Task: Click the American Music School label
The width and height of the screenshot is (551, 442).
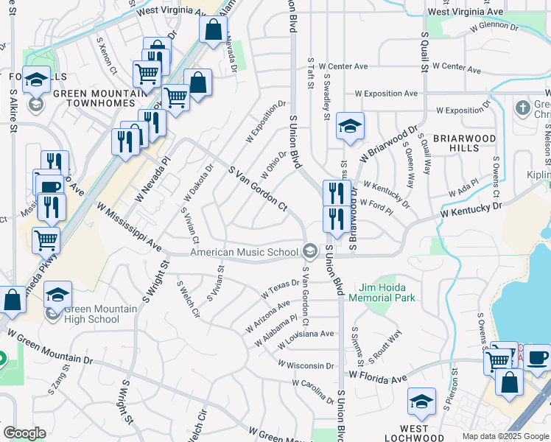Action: point(244,252)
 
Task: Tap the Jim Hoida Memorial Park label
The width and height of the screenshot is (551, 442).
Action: point(387,292)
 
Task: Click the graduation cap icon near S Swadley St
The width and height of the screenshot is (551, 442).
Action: point(351,125)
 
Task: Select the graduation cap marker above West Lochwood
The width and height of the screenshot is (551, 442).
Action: point(421,401)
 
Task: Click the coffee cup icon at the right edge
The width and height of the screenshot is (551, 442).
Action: point(538,357)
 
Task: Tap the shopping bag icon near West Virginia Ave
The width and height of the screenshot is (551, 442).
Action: point(213,30)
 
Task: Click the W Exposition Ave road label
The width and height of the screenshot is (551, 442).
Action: point(386,94)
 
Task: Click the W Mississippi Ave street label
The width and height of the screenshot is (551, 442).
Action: point(129,225)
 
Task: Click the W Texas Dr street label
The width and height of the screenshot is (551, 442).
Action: point(280,290)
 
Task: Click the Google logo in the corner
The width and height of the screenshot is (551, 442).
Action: point(24,433)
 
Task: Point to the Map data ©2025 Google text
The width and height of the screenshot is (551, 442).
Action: point(505,436)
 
